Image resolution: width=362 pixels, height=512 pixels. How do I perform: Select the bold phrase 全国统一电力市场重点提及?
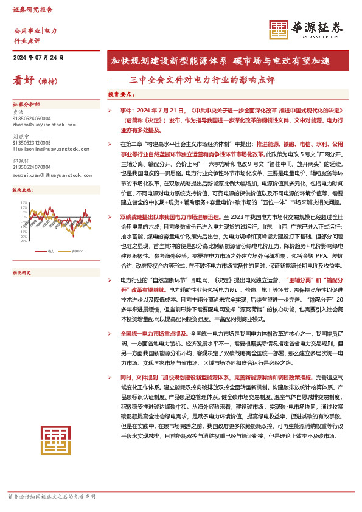pos(155,334)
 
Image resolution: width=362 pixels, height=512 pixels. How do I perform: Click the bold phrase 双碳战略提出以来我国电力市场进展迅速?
pos(171,234)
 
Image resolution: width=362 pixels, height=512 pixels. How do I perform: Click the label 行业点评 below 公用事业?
pos(26,41)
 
